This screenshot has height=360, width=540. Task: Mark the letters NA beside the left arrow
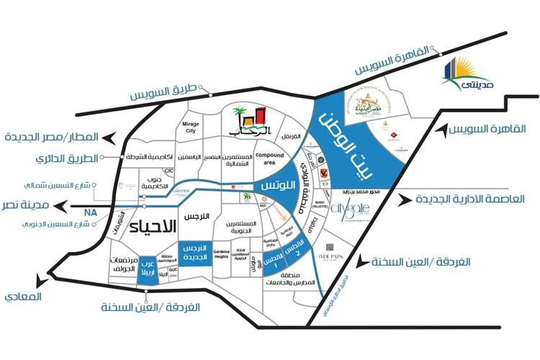pos(89,214)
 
